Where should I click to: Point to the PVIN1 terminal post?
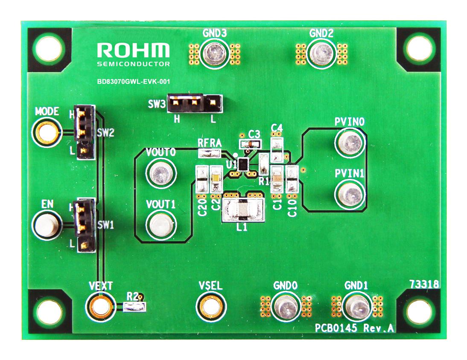pos(350,194)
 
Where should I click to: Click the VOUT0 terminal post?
pos(161,173)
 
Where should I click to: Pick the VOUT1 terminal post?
pos(161,224)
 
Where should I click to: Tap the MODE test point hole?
pos(47,132)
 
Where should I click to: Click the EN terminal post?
pos(47,225)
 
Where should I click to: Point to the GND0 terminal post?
pos(285,306)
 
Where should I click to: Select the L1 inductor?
pos(242,208)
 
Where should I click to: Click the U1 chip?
pos(243,164)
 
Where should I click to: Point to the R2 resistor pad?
pos(134,306)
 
